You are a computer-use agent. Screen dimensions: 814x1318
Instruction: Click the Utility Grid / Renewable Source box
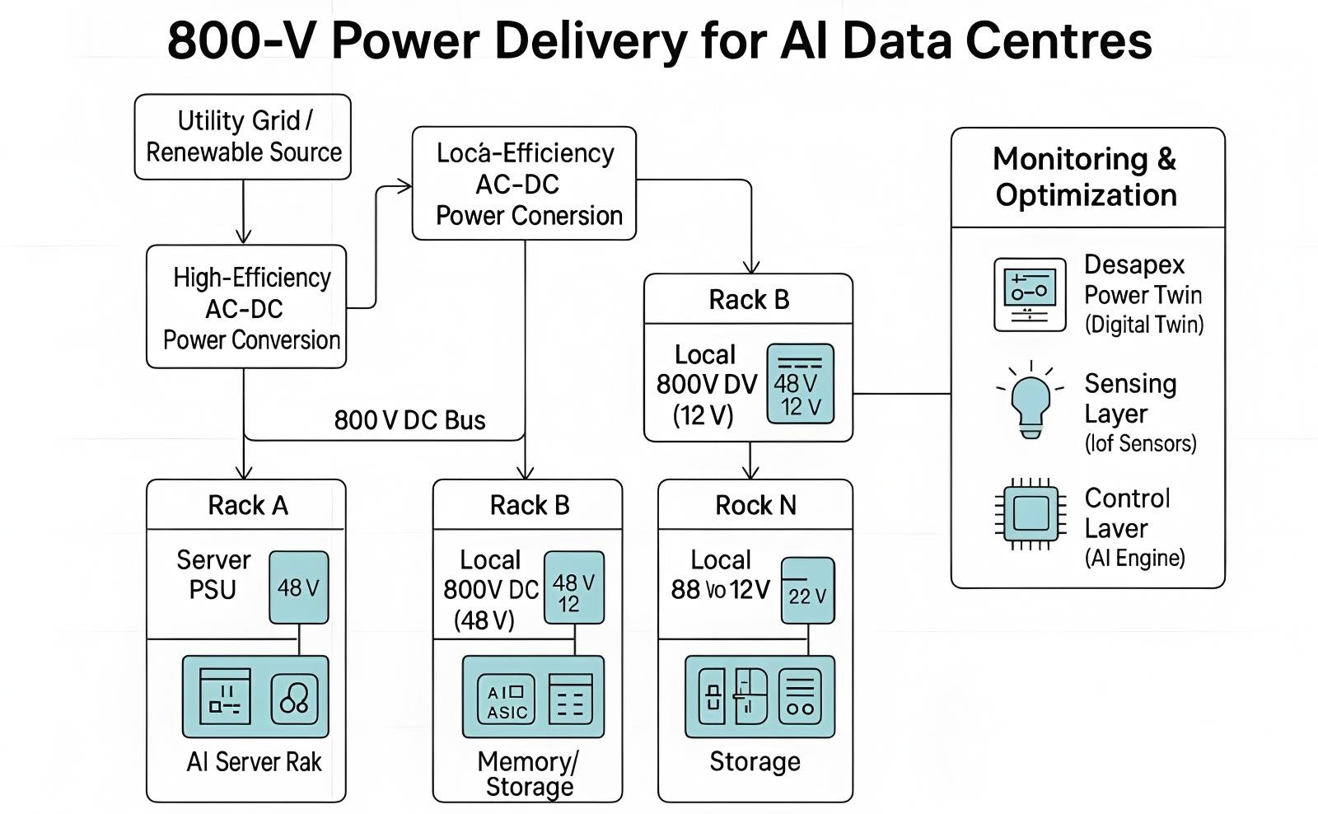click(243, 137)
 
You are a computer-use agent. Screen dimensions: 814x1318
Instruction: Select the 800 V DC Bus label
click(409, 420)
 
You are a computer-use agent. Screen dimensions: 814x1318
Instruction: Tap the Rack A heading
click(247, 505)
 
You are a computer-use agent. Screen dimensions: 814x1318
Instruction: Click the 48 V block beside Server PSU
click(298, 587)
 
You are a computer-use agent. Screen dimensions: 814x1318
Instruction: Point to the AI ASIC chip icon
click(506, 699)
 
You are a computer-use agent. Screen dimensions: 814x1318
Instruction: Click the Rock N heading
click(755, 505)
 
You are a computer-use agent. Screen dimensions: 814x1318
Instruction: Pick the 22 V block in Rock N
click(807, 591)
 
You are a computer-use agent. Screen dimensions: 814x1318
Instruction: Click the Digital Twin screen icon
click(1030, 294)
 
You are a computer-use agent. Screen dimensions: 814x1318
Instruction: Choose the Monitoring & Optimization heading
click(1086, 177)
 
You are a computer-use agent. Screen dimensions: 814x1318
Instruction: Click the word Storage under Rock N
click(755, 762)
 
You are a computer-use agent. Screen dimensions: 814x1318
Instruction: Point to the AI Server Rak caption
click(254, 762)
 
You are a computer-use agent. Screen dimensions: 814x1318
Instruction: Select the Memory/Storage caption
click(529, 774)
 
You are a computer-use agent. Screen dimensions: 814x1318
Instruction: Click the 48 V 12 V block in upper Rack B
click(800, 384)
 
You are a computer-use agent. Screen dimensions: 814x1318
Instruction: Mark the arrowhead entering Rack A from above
click(244, 472)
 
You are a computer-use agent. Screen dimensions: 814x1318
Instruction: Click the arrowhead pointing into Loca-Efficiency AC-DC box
click(405, 186)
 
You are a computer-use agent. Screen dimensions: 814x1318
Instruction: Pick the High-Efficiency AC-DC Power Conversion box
click(246, 306)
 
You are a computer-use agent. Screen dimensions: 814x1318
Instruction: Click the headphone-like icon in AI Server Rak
click(294, 699)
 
